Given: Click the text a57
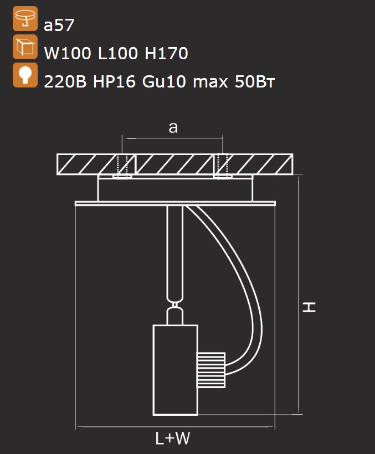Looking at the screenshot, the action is click(x=59, y=25).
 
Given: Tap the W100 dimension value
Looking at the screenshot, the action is click(x=67, y=53).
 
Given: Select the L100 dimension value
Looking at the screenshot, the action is click(x=117, y=53).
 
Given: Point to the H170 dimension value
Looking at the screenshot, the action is click(x=166, y=53).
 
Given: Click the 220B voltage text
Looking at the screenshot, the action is click(x=65, y=81).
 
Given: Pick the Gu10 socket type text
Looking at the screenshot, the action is click(x=164, y=81).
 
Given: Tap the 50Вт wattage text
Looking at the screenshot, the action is click(x=255, y=81).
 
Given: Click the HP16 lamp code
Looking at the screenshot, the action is click(x=114, y=81).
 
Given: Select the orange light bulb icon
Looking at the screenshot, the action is click(x=25, y=75).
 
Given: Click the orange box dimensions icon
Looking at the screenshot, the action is click(x=25, y=47).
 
